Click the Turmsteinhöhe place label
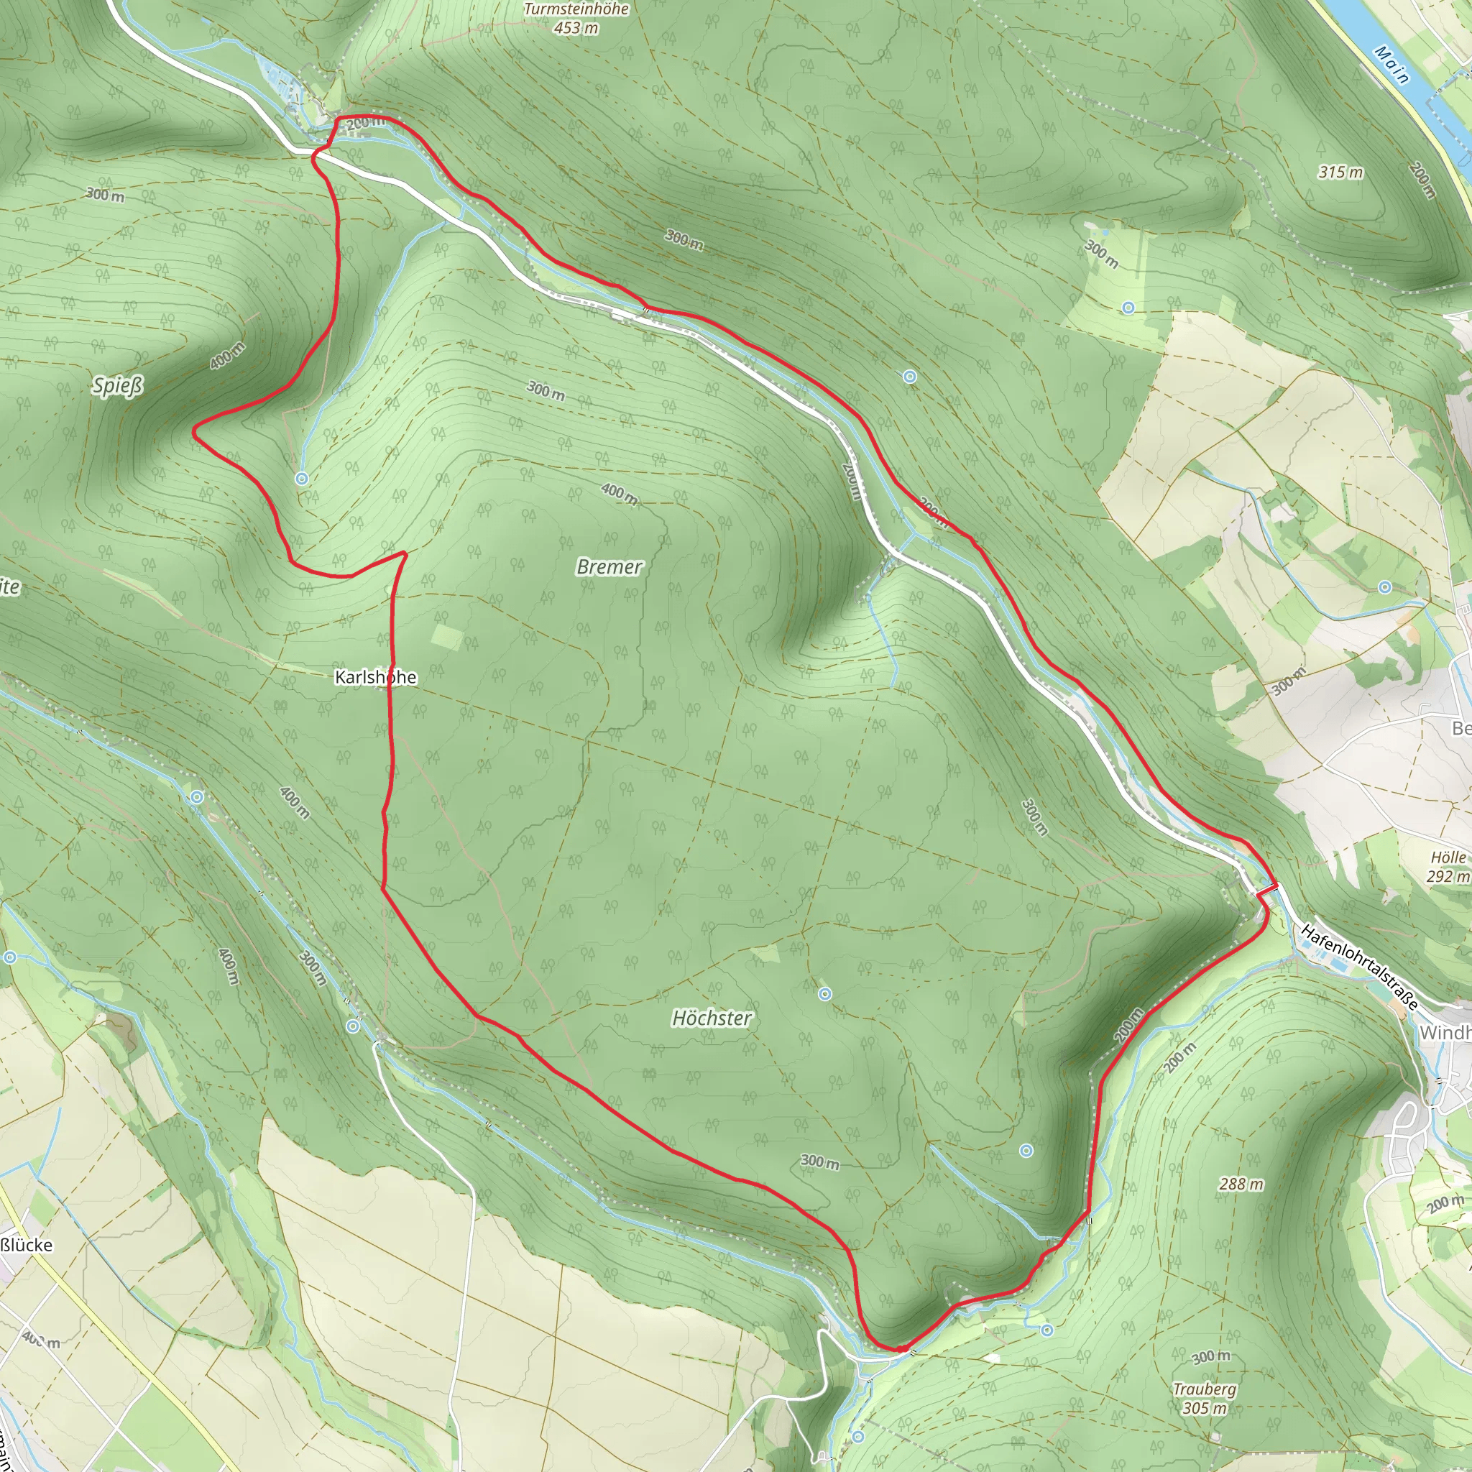click(576, 9)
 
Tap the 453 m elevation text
click(576, 28)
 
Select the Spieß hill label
click(117, 385)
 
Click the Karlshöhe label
click(376, 676)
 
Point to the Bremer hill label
click(609, 566)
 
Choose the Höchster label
click(711, 1018)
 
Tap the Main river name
click(1392, 64)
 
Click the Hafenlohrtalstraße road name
click(1360, 967)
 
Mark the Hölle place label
click(1448, 857)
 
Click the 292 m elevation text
click(1448, 876)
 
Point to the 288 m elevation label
click(1241, 1183)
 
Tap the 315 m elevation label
click(1340, 172)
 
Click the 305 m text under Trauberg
click(1204, 1408)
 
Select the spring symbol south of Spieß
click(302, 479)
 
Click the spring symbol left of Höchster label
click(824, 993)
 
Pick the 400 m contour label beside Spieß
click(227, 356)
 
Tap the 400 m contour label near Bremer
click(620, 494)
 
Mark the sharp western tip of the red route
click(194, 433)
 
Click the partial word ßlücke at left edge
click(27, 1245)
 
